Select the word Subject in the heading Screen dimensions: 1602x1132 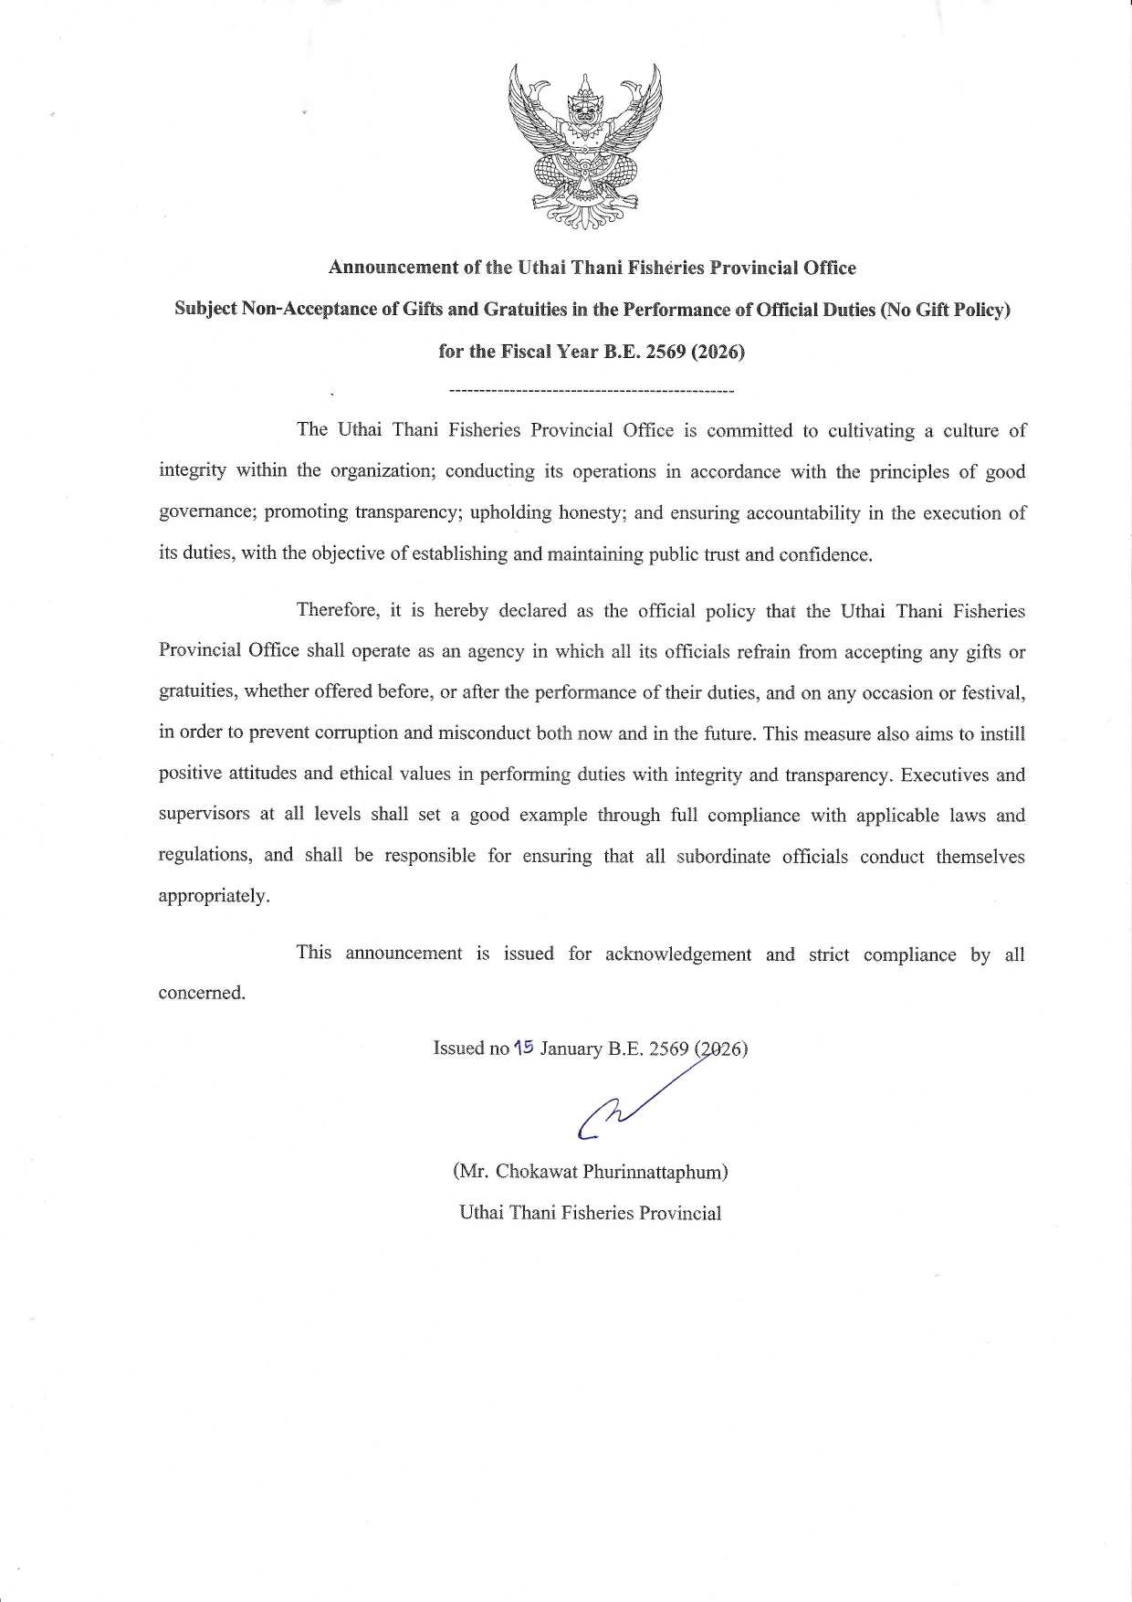[x=205, y=309]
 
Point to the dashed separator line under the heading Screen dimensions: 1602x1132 [x=592, y=392]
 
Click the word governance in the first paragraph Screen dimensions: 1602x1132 [x=207, y=512]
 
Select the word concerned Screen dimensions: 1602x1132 [x=202, y=993]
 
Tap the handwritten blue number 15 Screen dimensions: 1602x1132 [x=523, y=1048]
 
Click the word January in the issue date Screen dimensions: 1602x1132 [x=571, y=1049]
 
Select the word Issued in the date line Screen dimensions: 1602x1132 [x=458, y=1049]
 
